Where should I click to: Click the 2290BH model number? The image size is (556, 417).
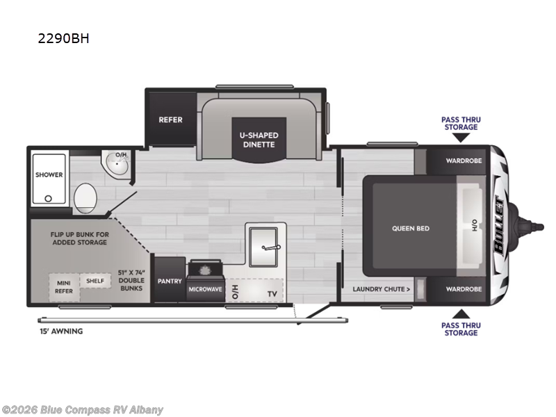click(63, 38)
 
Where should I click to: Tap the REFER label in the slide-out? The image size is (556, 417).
click(170, 120)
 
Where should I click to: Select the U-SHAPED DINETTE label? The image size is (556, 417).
click(259, 140)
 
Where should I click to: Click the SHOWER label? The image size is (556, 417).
click(49, 175)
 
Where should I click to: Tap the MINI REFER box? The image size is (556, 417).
click(63, 287)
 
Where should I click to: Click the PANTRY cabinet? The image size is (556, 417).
click(169, 281)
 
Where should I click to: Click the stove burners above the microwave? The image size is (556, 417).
click(205, 270)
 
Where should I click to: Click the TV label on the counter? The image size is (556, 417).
click(272, 294)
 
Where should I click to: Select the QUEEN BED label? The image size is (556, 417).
click(411, 227)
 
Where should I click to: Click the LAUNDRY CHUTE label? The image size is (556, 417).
click(381, 288)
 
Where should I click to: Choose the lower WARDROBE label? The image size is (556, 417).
click(464, 288)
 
